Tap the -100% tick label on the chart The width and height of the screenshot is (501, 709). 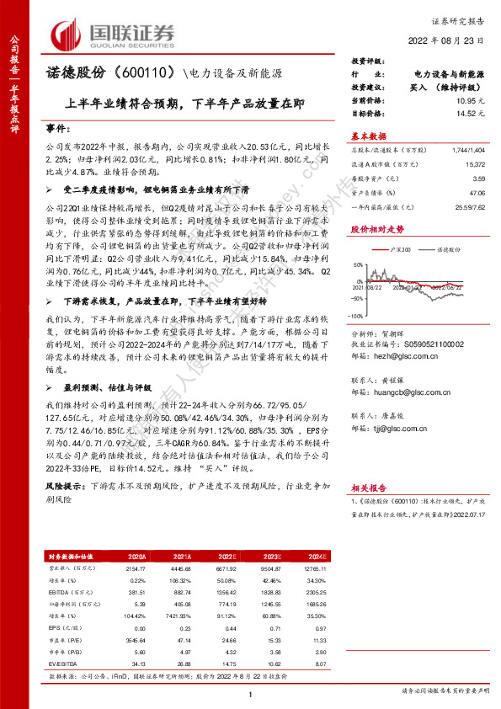358,340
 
